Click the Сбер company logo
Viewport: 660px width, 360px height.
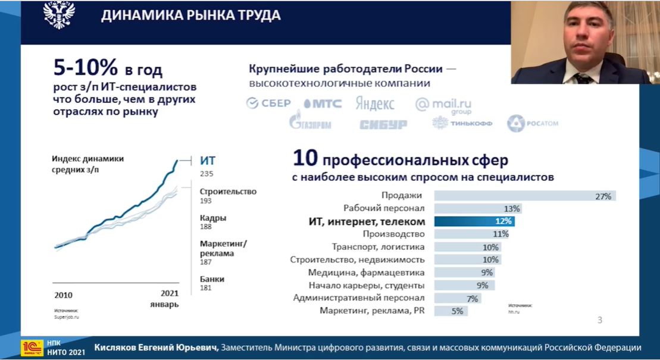click(268, 104)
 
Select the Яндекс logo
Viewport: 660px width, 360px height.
click(375, 104)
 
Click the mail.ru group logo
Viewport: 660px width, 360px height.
click(443, 105)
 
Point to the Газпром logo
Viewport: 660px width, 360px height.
click(309, 123)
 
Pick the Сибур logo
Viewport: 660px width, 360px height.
click(383, 124)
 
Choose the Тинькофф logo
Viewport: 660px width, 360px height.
click(462, 123)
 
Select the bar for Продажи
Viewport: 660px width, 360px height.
click(524, 196)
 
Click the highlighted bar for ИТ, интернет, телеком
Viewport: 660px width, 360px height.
click(474, 221)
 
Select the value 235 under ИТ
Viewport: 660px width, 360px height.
click(207, 174)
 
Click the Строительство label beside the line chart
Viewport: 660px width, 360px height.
click(228, 192)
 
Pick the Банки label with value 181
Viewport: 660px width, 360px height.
click(211, 278)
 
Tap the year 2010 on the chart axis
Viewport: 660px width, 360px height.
click(63, 295)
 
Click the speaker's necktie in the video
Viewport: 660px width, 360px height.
click(582, 78)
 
